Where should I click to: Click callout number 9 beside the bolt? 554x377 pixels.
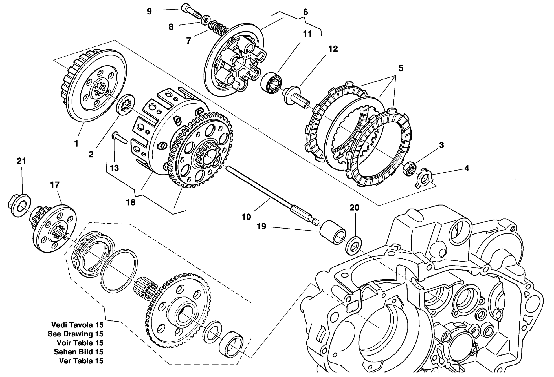pyautogui.click(x=149, y=11)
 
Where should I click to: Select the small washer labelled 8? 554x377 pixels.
pyautogui.click(x=205, y=20)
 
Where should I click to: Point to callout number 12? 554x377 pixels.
pyautogui.click(x=333, y=49)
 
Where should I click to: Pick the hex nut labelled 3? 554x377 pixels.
pyautogui.click(x=409, y=168)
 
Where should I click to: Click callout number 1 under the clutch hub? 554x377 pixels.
pyautogui.click(x=76, y=144)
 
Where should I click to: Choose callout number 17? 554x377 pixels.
pyautogui.click(x=55, y=185)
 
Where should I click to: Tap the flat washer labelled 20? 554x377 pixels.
pyautogui.click(x=354, y=245)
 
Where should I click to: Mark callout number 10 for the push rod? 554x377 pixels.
pyautogui.click(x=246, y=217)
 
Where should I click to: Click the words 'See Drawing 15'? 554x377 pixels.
pyautogui.click(x=75, y=334)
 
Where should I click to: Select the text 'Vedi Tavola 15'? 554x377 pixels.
pyautogui.click(x=77, y=325)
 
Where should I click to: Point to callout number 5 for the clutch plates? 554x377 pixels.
pyautogui.click(x=401, y=68)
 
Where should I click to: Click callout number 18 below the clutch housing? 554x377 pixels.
pyautogui.click(x=131, y=202)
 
